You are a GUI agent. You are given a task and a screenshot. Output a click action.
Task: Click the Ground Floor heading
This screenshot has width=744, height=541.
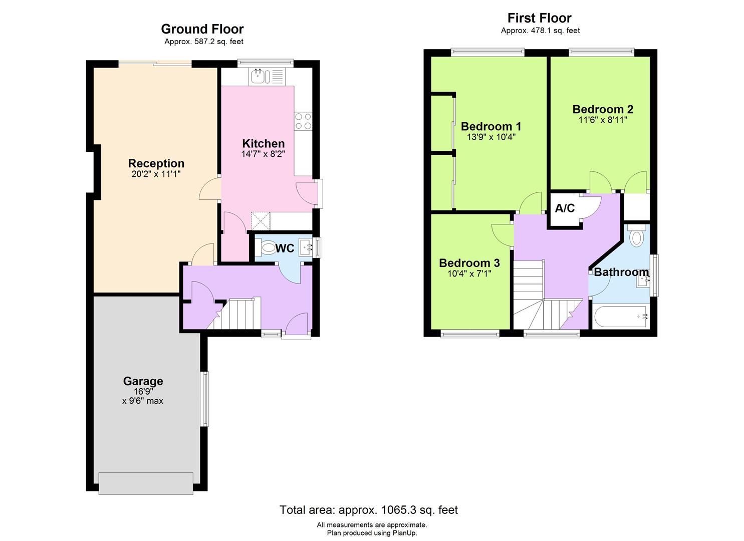coord(202,29)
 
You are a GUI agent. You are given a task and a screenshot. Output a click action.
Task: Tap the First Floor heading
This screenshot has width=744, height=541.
coord(539,18)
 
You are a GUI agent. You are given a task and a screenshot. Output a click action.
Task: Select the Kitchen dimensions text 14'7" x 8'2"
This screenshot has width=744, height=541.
coord(263,154)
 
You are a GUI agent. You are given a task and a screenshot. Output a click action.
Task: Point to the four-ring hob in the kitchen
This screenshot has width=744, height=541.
coord(303,121)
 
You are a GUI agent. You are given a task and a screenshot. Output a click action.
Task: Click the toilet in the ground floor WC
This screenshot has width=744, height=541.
coord(268,247)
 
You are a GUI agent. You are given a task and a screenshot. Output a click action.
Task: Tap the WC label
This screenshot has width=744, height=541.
coord(285,248)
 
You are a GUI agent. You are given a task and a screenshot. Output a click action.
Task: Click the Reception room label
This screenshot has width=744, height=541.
coord(156,163)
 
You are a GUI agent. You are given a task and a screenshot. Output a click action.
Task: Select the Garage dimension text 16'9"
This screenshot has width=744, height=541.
coord(143,391)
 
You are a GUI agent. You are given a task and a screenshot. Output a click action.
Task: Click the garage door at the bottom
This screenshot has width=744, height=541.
coord(146,483)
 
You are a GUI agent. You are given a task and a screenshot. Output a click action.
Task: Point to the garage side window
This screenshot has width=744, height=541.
coord(204,399)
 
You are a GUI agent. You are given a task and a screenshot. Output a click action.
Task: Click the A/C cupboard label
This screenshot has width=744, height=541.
coord(565,208)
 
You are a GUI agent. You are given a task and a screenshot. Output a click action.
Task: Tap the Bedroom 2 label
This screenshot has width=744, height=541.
coord(603,109)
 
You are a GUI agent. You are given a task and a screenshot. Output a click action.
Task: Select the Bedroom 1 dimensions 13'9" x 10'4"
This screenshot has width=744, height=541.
coord(491,137)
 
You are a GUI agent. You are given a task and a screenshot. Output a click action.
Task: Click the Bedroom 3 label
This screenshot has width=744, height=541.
coord(469,263)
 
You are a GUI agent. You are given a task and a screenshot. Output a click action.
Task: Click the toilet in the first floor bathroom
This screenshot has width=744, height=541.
coord(636,237)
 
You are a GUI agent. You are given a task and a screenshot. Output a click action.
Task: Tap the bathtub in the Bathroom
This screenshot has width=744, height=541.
coord(621,317)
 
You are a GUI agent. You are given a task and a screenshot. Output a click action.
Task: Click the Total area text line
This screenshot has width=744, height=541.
coord(368,510)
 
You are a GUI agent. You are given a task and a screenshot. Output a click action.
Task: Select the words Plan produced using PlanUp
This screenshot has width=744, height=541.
coord(372,533)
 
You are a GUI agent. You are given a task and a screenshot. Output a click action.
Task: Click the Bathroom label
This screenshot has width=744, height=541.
coord(621,272)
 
